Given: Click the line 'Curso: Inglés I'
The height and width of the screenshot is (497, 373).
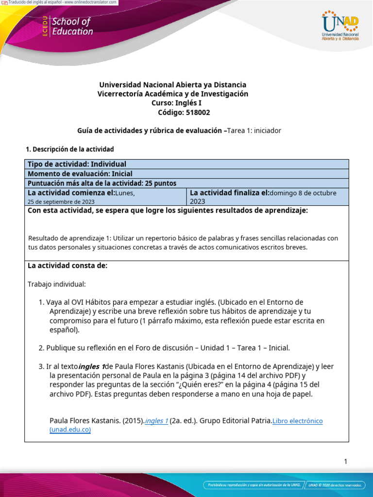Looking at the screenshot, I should click(173, 103).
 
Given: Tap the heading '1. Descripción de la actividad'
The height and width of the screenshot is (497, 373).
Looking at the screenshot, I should click(69, 149).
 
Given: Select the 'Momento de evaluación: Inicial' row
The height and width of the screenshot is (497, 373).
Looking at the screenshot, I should click(80, 174).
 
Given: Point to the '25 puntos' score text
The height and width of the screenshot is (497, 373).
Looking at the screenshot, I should click(160, 183).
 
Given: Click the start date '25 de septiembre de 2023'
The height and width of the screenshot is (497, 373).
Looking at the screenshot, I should click(61, 201).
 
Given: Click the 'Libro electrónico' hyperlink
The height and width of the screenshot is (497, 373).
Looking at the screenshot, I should click(297, 421).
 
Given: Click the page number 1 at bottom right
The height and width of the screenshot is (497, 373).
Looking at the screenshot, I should click(345, 462).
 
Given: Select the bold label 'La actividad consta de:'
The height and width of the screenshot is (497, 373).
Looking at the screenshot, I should click(68, 266).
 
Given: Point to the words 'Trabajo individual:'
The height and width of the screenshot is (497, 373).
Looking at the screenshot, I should click(56, 284).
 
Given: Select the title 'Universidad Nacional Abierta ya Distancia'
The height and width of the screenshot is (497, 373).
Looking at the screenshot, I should click(172, 84).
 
